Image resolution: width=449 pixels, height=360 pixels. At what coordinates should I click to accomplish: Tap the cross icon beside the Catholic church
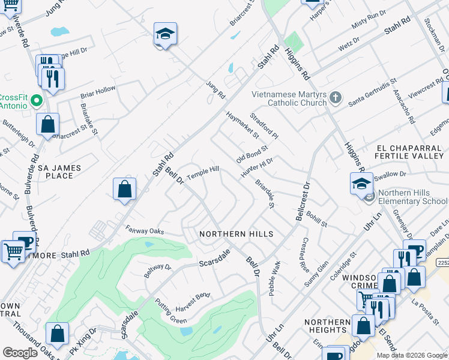point(336,97)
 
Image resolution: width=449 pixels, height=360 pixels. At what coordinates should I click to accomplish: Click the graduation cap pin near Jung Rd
point(164,35)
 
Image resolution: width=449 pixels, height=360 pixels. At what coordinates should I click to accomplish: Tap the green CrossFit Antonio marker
point(36,99)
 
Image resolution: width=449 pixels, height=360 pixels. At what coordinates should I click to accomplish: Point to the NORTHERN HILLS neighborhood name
point(237,234)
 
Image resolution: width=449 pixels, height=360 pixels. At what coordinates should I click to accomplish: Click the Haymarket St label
point(243,124)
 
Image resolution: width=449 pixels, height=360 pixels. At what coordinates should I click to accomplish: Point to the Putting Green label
point(170,311)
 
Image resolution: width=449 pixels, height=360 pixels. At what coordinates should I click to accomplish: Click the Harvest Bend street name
point(193,296)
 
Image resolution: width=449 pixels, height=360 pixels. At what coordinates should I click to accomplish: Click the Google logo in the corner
point(20,352)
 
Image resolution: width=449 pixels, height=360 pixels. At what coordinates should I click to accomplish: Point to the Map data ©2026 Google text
point(412,355)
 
